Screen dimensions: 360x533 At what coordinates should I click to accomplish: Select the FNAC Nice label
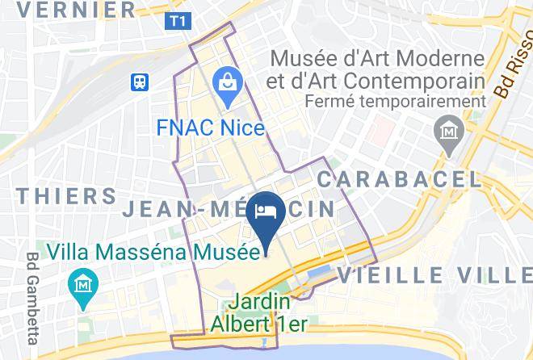coord(211,128)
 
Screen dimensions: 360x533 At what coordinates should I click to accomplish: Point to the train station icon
coord(141,82)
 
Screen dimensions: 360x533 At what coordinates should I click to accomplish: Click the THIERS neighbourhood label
coord(66,195)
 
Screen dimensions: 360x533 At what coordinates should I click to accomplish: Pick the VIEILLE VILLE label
coord(434,274)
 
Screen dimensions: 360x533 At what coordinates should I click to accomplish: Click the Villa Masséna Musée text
coord(152,252)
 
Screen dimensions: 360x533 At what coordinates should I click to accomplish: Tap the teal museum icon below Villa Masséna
coord(83,286)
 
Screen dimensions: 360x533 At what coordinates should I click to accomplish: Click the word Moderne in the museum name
coord(441,59)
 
